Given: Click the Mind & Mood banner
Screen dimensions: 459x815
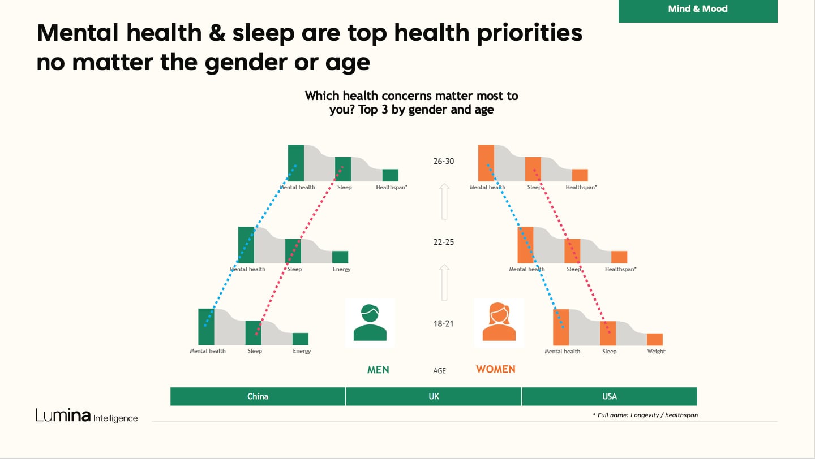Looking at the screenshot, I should point(697,10).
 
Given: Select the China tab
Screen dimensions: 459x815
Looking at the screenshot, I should point(258,396).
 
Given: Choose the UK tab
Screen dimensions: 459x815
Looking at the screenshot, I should point(434,396).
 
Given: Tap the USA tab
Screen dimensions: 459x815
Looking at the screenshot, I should point(609,396).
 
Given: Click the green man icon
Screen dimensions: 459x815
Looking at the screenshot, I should point(370,323).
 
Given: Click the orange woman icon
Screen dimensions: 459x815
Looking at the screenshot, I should point(499,323).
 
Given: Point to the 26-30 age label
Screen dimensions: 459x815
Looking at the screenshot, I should point(444,161).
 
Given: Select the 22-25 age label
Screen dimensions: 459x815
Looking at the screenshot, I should point(444,242).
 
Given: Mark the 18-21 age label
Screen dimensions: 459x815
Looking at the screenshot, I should point(444,324).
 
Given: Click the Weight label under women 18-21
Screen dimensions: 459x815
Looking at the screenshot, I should point(656,352).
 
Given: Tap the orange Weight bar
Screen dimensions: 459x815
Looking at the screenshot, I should point(654,339).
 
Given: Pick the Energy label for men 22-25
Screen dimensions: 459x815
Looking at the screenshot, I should point(341,269).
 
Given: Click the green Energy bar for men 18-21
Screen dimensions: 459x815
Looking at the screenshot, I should point(300,339).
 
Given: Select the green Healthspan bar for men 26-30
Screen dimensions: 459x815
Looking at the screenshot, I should point(390,175).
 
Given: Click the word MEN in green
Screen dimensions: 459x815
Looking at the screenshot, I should point(378,370).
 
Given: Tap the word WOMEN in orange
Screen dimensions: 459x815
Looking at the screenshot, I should point(495,370).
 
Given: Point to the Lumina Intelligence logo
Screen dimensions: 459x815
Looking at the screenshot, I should point(87,416).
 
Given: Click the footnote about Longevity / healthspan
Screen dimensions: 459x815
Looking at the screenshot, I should point(645,415).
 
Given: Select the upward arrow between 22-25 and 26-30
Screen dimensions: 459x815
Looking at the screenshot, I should point(444,201).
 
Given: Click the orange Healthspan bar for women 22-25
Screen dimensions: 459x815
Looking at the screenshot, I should point(619,257).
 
